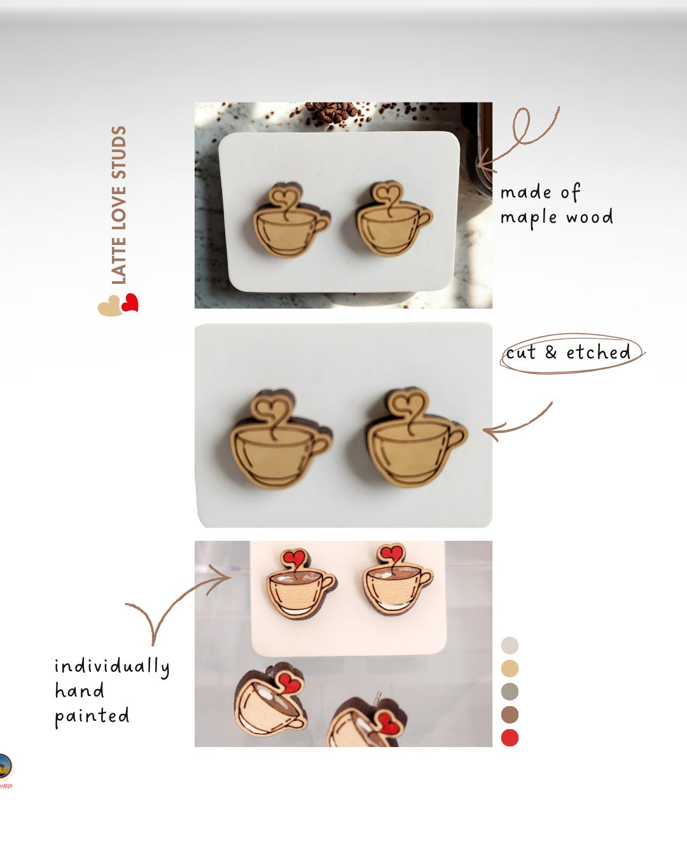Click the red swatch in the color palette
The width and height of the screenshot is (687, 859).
[510, 737]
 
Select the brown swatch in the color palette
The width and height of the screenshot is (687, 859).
[510, 714]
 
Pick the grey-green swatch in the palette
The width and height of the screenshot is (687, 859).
[510, 691]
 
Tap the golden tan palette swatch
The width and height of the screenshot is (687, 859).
[510, 668]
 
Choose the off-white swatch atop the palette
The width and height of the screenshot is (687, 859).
[510, 645]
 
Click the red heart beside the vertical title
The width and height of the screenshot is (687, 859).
[130, 303]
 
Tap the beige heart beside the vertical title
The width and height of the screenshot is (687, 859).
[110, 306]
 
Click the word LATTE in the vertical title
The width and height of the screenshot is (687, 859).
[118, 260]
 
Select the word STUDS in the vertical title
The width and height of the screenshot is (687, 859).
[118, 152]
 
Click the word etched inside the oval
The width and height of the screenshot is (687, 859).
[598, 352]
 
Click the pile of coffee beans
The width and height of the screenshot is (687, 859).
[332, 112]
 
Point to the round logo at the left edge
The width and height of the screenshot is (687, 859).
[5, 766]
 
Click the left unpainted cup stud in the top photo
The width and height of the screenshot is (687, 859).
[291, 220]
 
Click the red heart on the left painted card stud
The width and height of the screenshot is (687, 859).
[294, 557]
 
